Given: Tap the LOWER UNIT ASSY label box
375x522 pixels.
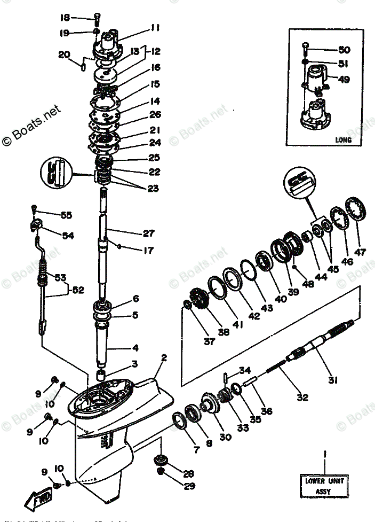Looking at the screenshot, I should (325, 485).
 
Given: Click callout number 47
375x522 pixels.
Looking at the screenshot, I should (361, 252).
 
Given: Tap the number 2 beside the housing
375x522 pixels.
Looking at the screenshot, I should (164, 358).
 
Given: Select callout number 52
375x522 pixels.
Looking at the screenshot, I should (78, 290).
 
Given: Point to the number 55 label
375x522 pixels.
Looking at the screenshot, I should (66, 215).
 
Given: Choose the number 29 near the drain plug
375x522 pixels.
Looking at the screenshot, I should (174, 486).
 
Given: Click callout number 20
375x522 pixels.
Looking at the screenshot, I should (64, 54).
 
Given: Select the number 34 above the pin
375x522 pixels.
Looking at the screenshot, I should (245, 370).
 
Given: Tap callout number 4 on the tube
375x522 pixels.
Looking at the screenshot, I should (135, 348).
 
